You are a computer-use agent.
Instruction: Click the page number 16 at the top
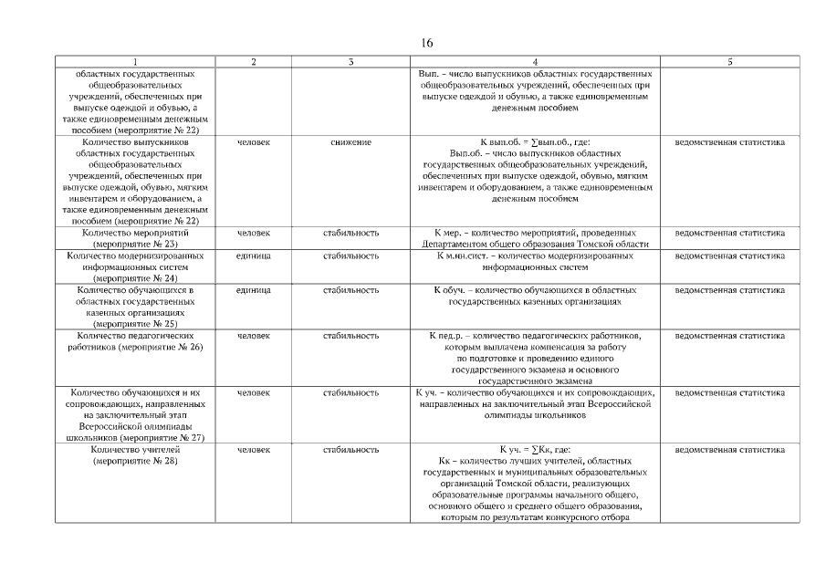[x=427, y=43]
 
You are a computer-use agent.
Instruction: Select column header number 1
[x=134, y=61]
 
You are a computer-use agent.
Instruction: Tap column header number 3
[x=350, y=61]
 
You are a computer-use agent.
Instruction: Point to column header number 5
[x=729, y=61]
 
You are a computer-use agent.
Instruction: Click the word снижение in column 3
[x=350, y=142]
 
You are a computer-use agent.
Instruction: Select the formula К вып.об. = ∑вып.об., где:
[x=534, y=142]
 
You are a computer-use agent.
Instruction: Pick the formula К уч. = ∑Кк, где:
[x=534, y=450]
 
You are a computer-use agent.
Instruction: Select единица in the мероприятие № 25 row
[x=253, y=290]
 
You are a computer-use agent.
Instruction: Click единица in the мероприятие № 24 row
[x=253, y=256]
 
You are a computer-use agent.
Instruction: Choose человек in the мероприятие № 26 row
[x=253, y=336]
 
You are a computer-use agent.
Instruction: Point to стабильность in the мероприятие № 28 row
[x=350, y=450]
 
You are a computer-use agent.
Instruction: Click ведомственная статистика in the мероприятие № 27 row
[x=729, y=392]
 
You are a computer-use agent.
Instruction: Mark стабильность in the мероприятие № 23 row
[x=350, y=233]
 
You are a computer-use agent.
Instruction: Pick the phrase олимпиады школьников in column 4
[x=534, y=415]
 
